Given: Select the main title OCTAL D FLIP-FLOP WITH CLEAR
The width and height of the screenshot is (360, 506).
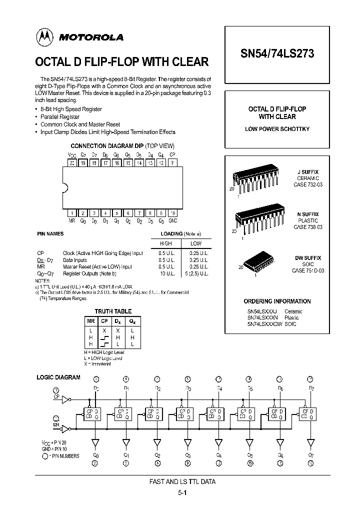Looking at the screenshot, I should coord(121,62).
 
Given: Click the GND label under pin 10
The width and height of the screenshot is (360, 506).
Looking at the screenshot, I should coord(173,220).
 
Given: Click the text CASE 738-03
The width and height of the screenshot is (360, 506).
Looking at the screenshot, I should coord(307,227).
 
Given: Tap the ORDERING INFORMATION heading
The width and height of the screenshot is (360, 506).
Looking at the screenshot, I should coord(277,301).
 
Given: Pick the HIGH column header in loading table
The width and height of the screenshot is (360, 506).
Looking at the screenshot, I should coord(165,243).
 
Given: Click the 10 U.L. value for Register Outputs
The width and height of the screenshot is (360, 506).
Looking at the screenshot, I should coord(165,273).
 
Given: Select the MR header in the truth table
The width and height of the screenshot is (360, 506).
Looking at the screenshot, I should coord(90,321).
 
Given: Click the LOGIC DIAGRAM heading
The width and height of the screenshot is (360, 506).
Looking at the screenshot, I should coord(58,377).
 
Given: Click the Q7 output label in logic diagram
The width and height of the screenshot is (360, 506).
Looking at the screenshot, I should coord(311,455).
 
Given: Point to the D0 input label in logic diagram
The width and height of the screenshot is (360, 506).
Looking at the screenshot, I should coord(96,388).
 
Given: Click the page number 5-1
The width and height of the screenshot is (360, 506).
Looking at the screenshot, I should coord(182,492).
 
